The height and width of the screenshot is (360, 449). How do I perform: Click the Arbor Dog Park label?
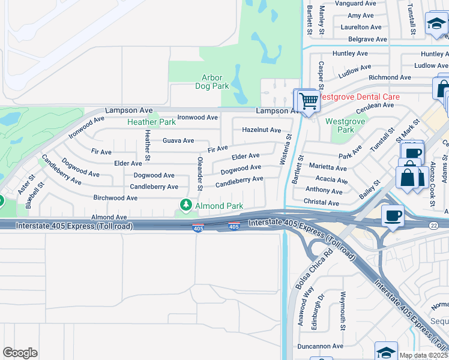click(212, 82)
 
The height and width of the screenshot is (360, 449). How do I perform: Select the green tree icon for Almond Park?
click(186, 206)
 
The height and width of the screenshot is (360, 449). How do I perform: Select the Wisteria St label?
click(289, 149)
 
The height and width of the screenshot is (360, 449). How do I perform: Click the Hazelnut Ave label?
click(261, 130)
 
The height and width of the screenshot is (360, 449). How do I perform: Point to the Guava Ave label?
click(178, 140)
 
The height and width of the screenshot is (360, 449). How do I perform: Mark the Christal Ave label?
click(322, 203)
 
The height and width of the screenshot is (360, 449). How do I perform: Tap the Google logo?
click(20, 353)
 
